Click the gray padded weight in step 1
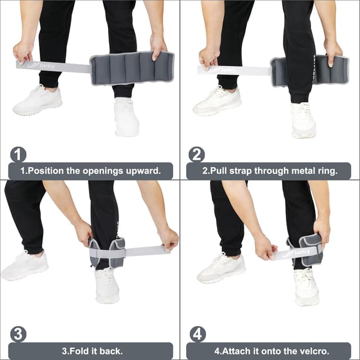132,69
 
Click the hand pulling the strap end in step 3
167,238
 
